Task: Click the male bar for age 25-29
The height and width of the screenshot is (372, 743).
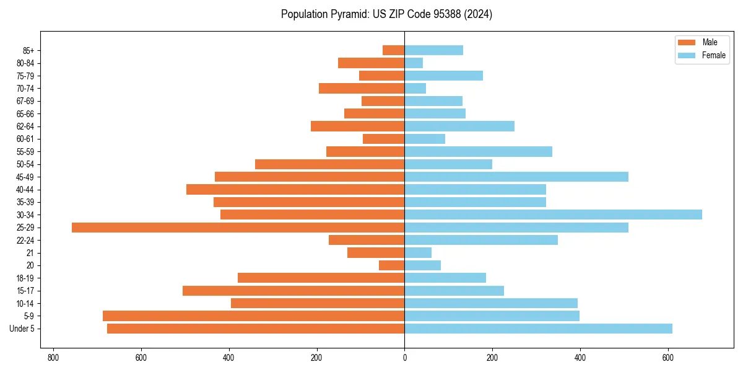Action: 238,228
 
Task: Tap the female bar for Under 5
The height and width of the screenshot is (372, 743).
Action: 538,329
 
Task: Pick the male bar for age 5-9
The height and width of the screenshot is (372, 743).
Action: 254,316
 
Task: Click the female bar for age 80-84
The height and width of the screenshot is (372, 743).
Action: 414,63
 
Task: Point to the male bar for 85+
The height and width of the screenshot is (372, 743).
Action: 394,50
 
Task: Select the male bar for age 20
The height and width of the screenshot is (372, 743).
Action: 392,265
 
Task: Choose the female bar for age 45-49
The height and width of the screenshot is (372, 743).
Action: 516,177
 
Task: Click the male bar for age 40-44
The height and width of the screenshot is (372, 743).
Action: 295,189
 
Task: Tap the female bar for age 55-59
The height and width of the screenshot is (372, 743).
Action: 478,151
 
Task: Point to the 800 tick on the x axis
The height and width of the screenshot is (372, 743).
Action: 53,358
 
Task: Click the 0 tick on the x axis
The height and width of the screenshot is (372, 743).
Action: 404,358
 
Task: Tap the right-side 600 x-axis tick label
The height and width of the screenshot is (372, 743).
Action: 668,358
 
